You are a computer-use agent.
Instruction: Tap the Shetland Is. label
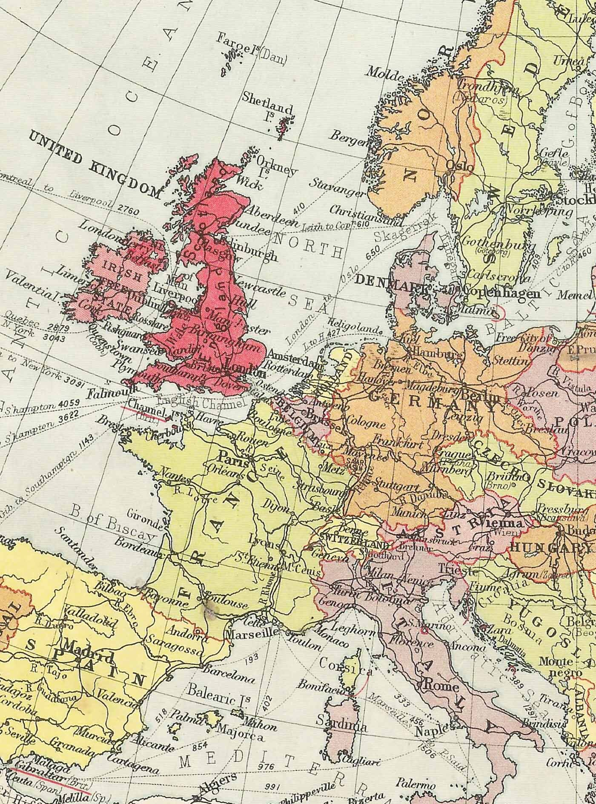pyautogui.click(x=267, y=102)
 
